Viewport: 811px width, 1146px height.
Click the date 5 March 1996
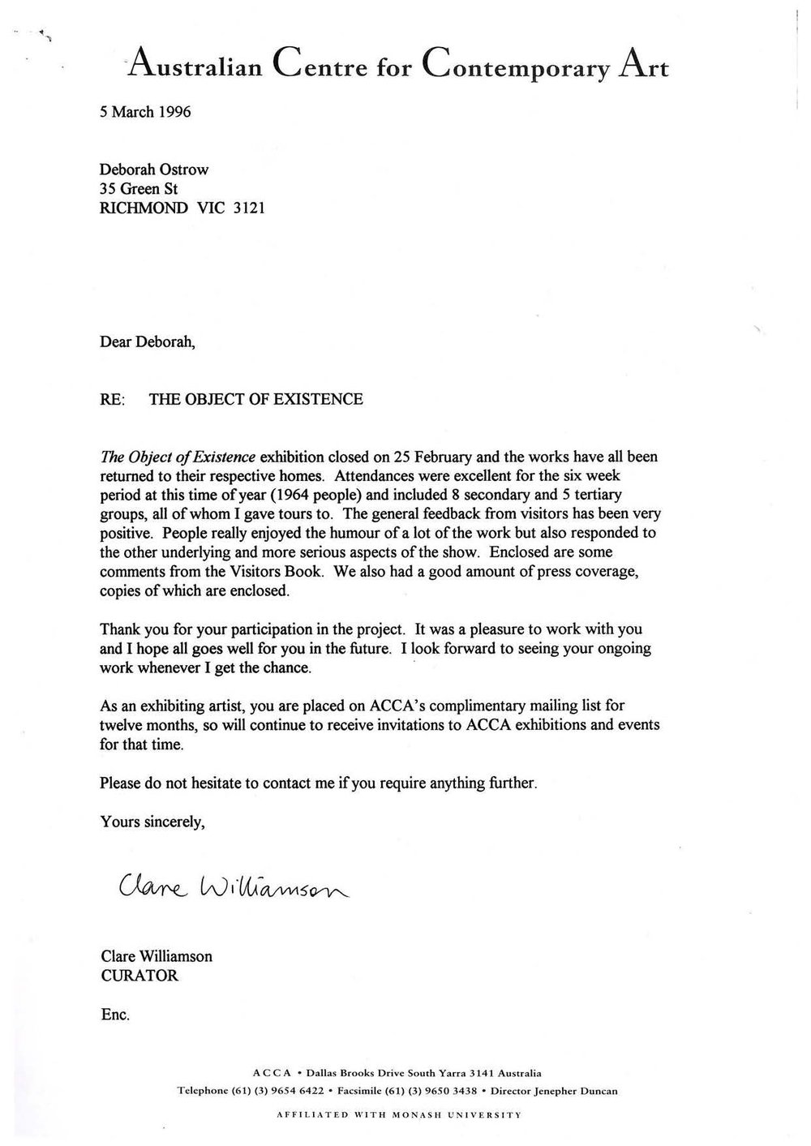pos(145,112)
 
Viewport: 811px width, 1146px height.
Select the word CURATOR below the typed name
pos(139,976)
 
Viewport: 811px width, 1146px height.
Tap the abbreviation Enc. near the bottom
pos(115,1015)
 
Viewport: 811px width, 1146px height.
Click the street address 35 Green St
pos(139,189)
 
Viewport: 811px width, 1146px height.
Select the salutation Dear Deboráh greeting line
pos(148,342)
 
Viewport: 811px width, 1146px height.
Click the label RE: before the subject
pos(113,400)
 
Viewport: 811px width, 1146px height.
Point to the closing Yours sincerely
pos(152,822)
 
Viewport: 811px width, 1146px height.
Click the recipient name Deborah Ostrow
pos(153,170)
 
